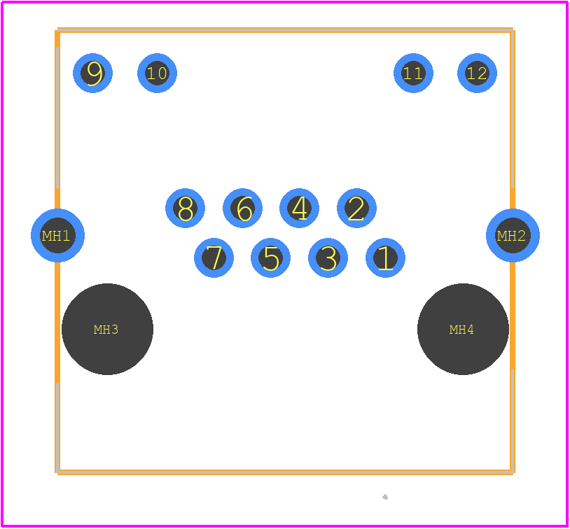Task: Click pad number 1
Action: pos(385,258)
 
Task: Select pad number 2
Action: pos(356,209)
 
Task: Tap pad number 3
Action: pos(328,258)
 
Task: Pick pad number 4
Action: pos(299,209)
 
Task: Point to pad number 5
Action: pos(270,258)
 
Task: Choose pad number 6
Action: pos(242,209)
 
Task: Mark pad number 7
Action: pos(214,258)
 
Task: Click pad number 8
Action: pos(185,209)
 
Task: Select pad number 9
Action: pos(92,73)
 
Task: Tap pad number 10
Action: pos(157,73)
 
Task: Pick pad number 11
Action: pos(413,73)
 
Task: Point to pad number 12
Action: pos(477,73)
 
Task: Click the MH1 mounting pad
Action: pos(58,235)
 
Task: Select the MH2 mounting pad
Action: pos(513,235)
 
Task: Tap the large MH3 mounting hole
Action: pos(107,329)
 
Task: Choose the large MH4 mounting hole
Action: pos(463,329)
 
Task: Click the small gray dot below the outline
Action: pos(385,497)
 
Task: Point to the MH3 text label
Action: pos(106,330)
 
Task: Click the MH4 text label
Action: pos(461,330)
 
